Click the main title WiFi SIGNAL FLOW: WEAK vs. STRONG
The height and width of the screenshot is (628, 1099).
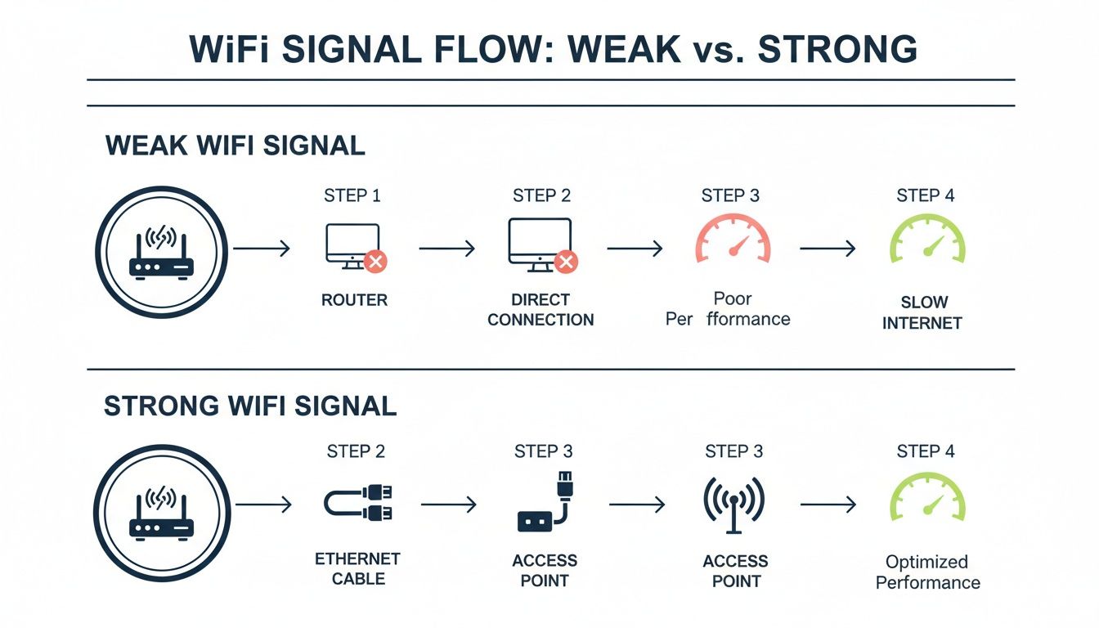tap(553, 48)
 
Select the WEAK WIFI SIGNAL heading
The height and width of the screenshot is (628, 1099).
tap(235, 146)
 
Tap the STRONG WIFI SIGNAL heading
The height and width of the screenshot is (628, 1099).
tap(250, 406)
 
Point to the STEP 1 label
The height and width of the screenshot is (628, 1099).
tap(352, 195)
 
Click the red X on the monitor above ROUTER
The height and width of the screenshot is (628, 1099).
tap(375, 262)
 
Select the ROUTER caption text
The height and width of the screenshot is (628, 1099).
tap(354, 300)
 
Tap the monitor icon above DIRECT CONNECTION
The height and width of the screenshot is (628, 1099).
tap(540, 243)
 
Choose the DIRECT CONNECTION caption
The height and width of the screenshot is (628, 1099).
tap(541, 310)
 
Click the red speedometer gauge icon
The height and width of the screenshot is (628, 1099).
tap(733, 239)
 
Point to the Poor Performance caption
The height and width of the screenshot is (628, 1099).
tap(729, 308)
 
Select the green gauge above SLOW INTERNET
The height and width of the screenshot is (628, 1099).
tap(926, 239)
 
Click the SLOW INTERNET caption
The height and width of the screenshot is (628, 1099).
tap(922, 313)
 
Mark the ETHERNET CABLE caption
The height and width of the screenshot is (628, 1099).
tap(357, 569)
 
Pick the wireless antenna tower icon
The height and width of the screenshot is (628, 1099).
tap(733, 501)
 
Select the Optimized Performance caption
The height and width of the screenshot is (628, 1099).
tap(927, 572)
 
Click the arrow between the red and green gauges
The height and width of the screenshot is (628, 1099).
tap(828, 249)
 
